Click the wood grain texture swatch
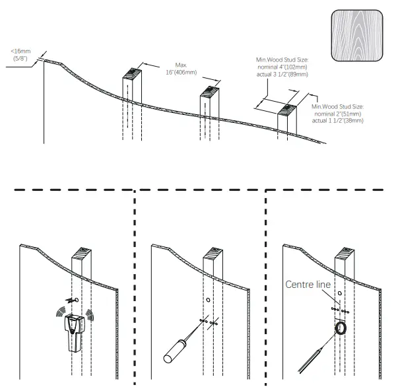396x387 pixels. [x=356, y=37]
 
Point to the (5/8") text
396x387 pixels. [x=20, y=59]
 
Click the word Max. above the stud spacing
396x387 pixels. [x=182, y=65]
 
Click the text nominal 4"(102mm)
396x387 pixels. [x=282, y=67]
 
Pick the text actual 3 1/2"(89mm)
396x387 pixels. [x=284, y=75]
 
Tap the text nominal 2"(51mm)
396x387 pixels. [x=337, y=113]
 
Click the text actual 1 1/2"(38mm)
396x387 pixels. [x=339, y=120]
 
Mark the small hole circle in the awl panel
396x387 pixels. [x=209, y=300]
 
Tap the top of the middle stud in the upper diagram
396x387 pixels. [x=211, y=90]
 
